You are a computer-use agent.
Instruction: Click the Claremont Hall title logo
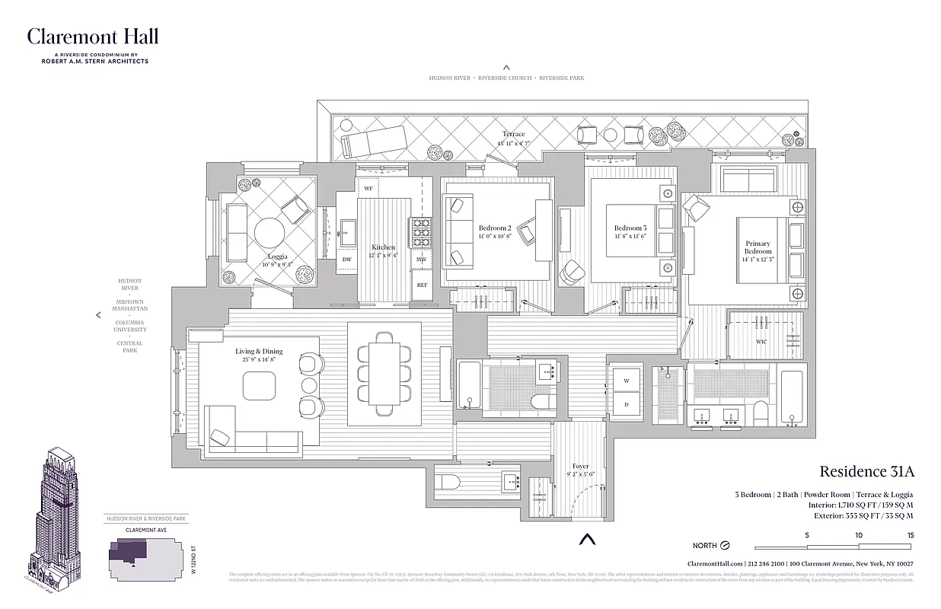click(93, 37)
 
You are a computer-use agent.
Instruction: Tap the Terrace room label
click(513, 135)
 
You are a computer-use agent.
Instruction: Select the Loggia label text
click(277, 257)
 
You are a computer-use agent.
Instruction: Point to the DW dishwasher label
click(346, 260)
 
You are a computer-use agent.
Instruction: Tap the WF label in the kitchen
click(368, 188)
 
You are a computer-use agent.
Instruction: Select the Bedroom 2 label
click(494, 228)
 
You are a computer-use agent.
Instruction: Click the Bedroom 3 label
click(630, 228)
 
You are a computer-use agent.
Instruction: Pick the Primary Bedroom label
click(758, 247)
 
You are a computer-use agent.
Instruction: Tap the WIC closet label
click(761, 342)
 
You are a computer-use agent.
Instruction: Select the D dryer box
click(627, 404)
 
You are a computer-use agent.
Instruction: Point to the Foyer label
click(581, 467)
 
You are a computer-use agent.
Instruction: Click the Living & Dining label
click(258, 351)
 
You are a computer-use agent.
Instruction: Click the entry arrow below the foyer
click(585, 540)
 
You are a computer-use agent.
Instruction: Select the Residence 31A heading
click(866, 472)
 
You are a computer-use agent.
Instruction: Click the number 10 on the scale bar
click(859, 535)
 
